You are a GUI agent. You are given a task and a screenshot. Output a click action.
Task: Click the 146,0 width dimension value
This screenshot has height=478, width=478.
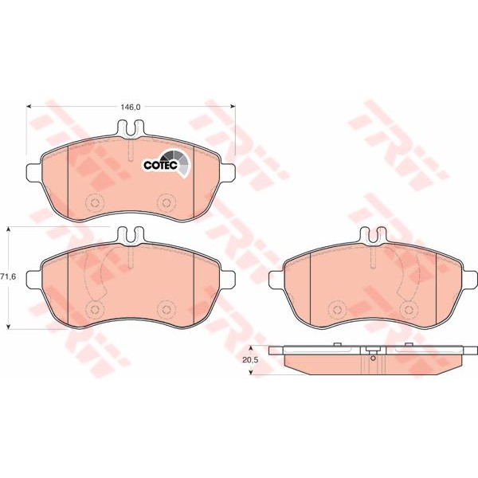pyautogui.click(x=131, y=107)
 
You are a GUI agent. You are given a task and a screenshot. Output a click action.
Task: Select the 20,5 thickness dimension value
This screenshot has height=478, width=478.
pyautogui.click(x=250, y=360)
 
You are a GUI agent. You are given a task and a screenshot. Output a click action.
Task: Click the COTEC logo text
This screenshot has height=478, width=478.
pyautogui.click(x=161, y=165)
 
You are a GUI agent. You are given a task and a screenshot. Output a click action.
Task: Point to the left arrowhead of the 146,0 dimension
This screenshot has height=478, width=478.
pyautogui.click(x=29, y=107)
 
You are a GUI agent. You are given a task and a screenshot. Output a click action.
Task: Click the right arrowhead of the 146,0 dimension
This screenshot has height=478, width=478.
pyautogui.click(x=233, y=107)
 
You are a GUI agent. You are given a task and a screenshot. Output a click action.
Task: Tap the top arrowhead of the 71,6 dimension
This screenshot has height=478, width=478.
pyautogui.click(x=9, y=229)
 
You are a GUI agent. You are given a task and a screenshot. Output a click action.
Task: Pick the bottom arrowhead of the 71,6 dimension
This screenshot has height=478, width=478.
pyautogui.click(x=9, y=327)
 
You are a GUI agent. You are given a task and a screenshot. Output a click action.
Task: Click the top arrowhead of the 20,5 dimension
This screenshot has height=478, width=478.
pyautogui.click(x=251, y=348)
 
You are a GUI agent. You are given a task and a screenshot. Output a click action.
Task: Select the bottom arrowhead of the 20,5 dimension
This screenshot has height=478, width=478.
pyautogui.click(x=251, y=372)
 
